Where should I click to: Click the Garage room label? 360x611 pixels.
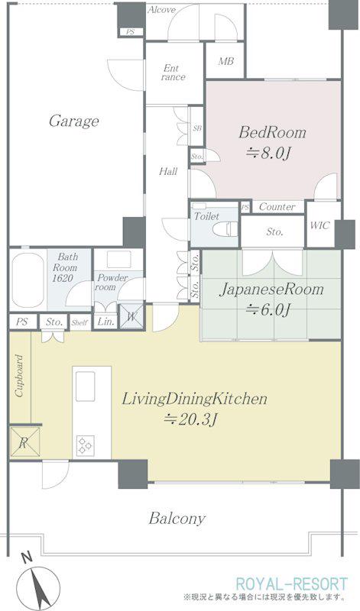coord(73,121)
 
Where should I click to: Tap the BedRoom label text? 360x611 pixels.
coord(272,132)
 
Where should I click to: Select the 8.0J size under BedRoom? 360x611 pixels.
coord(268,154)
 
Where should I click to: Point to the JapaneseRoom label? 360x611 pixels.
coord(271,290)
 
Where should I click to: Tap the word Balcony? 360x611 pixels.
coord(177,519)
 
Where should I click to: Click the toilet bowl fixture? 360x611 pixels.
coord(225,229)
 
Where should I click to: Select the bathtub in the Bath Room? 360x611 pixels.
coord(28,280)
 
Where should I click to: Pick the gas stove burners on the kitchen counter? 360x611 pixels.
coord(85,445)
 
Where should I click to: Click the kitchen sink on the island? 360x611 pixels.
coord(86,386)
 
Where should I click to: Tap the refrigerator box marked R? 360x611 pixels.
coord(24,442)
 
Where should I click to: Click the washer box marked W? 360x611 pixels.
coord(131,316)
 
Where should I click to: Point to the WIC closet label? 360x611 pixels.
coord(319,225)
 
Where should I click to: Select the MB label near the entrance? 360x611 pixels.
coord(225,61)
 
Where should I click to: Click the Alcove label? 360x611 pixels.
coord(161,10)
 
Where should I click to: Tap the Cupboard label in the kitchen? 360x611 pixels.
coord(19,376)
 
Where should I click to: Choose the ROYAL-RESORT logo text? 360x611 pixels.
coord(292,584)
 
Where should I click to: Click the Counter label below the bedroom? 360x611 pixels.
coord(277,206)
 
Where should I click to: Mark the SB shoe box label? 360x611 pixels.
coord(197,128)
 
